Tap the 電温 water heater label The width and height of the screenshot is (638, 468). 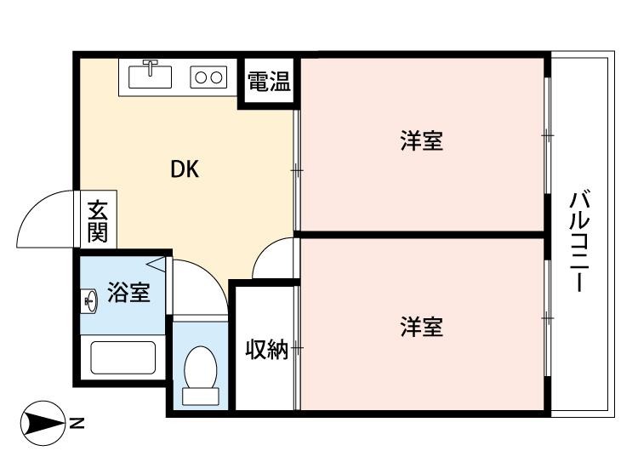(x=268, y=83)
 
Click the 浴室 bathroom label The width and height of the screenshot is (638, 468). (x=128, y=294)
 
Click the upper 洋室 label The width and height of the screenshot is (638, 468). (x=421, y=140)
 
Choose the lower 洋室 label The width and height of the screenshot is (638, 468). (x=421, y=327)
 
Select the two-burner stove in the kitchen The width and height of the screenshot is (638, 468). (x=209, y=77)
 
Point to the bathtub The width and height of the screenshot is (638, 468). (x=122, y=357)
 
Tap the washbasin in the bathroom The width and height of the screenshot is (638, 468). (x=90, y=300)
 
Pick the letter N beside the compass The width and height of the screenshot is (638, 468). (x=77, y=423)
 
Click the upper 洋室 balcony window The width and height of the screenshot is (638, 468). (x=547, y=136)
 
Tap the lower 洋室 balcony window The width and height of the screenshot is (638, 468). (x=547, y=317)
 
